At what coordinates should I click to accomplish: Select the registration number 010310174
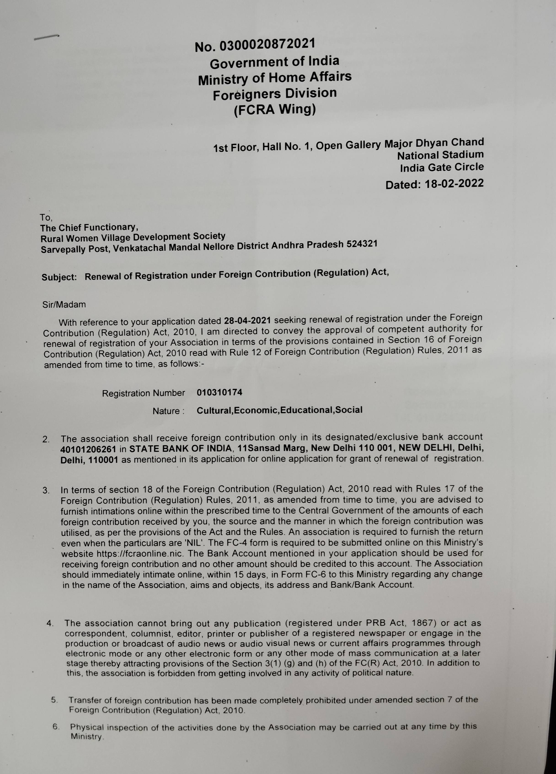[x=219, y=392]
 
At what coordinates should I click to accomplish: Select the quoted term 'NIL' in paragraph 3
[x=195, y=543]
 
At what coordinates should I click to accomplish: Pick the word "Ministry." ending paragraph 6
[x=87, y=737]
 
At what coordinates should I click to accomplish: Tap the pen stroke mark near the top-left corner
[x=46, y=37]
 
